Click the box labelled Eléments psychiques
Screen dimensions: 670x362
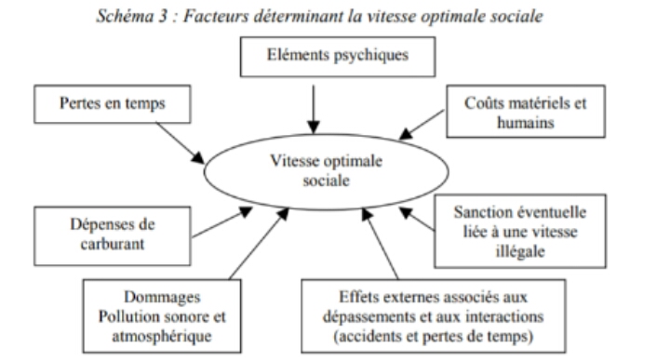coord(338,57)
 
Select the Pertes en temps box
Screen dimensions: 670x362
coord(113,104)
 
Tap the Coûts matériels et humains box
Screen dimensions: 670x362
coord(526,111)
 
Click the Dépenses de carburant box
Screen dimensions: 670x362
coord(113,236)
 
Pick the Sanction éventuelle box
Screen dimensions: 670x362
coord(520,231)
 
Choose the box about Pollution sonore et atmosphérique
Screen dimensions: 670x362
coord(162,315)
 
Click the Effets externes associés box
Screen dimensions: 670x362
coord(434,315)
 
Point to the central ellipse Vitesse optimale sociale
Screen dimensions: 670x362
coord(327,171)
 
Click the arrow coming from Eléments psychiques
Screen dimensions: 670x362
coord(314,110)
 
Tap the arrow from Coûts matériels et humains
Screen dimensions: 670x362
coord(422,125)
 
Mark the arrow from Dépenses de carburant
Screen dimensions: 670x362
coord(222,222)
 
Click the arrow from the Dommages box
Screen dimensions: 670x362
coord(260,244)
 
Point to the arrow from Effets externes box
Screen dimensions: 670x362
coord(381,244)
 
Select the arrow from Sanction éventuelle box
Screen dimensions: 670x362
coord(417,219)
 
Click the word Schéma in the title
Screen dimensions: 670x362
coord(126,16)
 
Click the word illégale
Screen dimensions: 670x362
coord(520,251)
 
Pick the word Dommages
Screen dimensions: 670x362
coord(162,297)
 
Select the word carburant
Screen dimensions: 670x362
coord(113,244)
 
